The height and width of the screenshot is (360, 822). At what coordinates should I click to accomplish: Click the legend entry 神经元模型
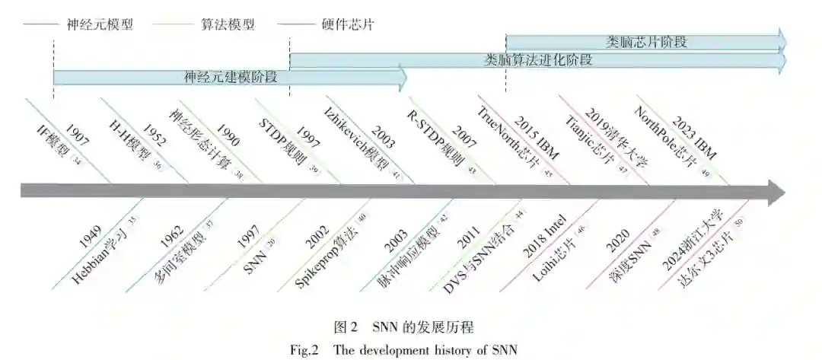pyautogui.click(x=100, y=24)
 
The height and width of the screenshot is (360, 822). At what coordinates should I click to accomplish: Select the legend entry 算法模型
pyautogui.click(x=228, y=24)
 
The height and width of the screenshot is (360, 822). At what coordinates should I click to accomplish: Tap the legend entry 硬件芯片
pyautogui.click(x=346, y=24)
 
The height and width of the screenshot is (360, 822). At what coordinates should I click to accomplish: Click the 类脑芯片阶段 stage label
pyautogui.click(x=647, y=41)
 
